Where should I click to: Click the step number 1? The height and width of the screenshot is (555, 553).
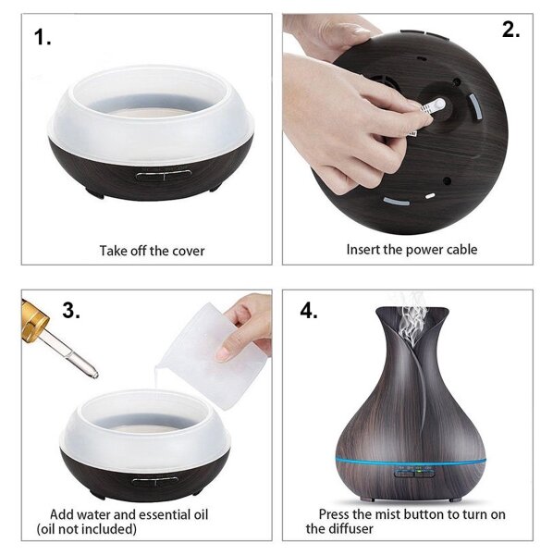[x=43, y=37]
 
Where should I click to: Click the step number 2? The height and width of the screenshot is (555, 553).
[x=510, y=30]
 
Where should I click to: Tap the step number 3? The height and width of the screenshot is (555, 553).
[x=71, y=310]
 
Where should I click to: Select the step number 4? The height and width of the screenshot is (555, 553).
[x=309, y=311]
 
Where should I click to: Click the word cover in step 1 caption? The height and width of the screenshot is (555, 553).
[x=188, y=251]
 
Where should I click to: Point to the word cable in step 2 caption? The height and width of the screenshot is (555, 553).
[x=461, y=250]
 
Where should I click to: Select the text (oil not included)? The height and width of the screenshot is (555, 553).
[x=87, y=529]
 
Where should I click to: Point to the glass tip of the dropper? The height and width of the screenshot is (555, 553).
[x=93, y=374]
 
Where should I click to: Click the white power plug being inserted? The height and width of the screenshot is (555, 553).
[x=434, y=105]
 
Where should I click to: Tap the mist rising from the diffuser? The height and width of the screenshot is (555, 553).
[x=412, y=318]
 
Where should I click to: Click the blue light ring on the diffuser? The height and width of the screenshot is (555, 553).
[x=411, y=462]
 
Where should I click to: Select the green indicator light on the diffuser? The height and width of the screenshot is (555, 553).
[x=419, y=471]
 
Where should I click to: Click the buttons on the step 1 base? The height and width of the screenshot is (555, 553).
[x=164, y=175]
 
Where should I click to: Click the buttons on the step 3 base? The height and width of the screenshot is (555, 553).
[x=155, y=481]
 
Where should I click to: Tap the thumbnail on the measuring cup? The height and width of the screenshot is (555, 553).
[x=223, y=353]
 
